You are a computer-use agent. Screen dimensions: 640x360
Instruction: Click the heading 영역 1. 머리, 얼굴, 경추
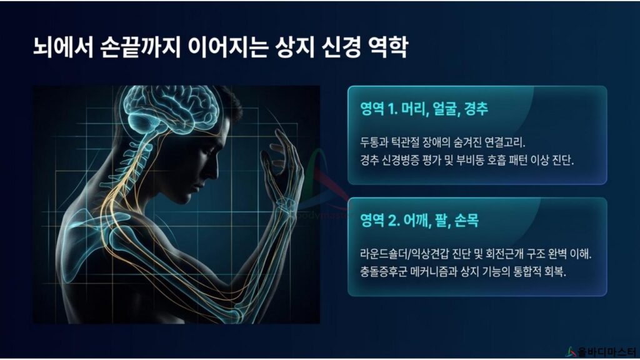coord(424,109)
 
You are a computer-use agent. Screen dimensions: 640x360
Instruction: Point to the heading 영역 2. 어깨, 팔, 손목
coord(419,221)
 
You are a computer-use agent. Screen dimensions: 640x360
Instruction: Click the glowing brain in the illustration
coord(171,109)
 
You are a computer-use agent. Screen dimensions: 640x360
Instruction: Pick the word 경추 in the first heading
coord(476,109)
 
